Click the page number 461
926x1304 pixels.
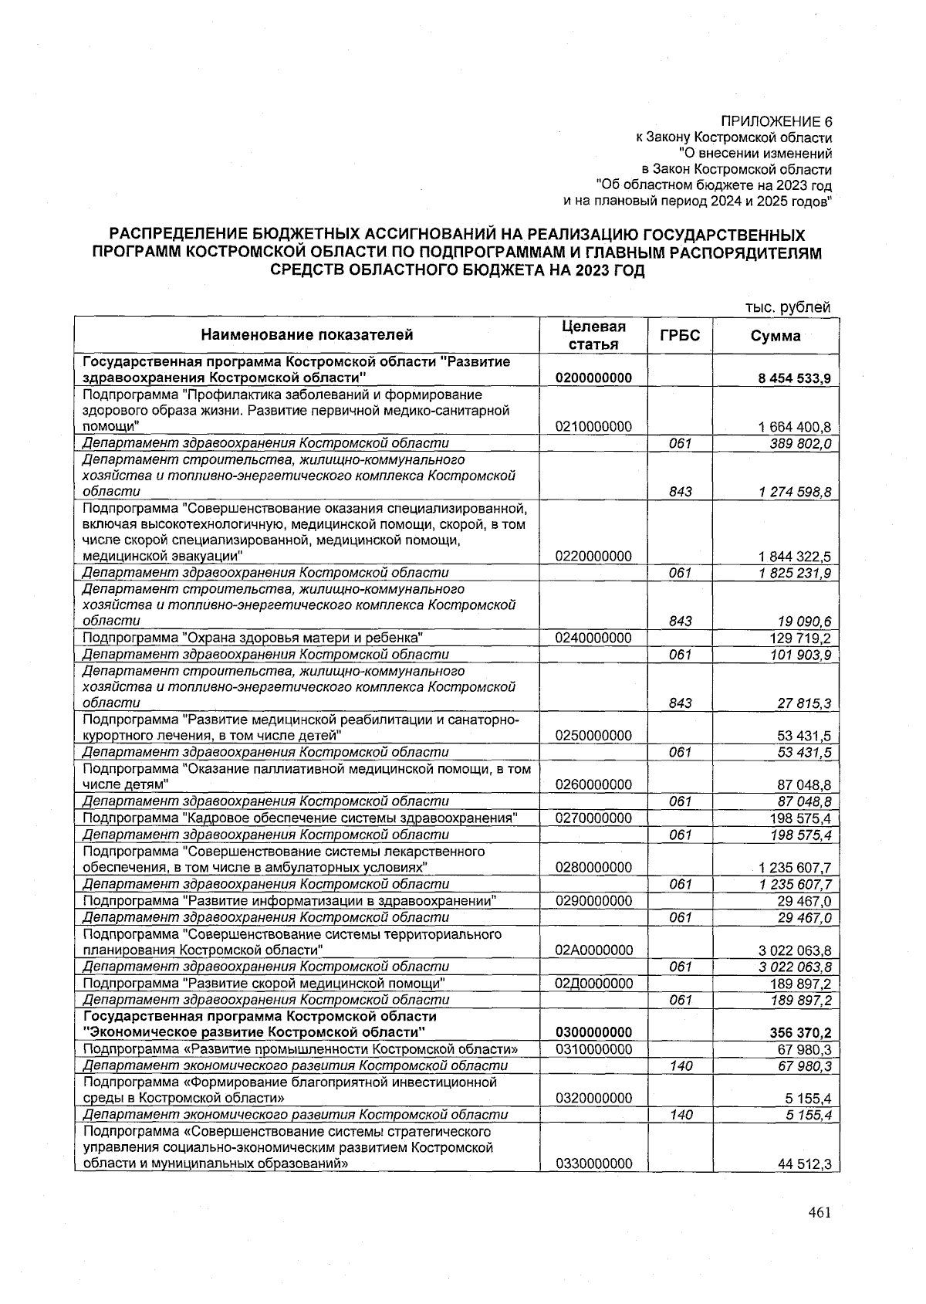(819, 1213)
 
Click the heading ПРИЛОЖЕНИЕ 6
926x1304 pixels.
(776, 121)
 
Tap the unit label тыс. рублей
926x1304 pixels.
(788, 307)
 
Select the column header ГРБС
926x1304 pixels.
(680, 335)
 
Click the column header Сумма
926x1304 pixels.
(776, 335)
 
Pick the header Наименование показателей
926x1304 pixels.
(307, 334)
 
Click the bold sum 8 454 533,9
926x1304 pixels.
(794, 378)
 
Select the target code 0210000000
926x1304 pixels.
(593, 426)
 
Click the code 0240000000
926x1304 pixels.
(593, 638)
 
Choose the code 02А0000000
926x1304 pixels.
(593, 950)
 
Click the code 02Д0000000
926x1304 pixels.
(593, 983)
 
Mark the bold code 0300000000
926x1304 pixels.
(593, 1033)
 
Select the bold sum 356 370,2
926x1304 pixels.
(799, 1033)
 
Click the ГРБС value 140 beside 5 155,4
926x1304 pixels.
(680, 1115)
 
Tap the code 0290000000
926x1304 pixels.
(593, 901)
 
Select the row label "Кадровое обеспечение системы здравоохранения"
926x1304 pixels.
(300, 818)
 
